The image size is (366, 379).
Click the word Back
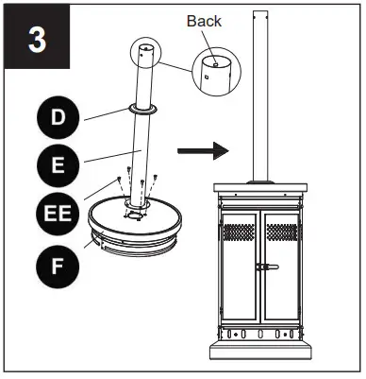(204, 21)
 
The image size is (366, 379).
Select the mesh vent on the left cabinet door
(239, 233)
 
